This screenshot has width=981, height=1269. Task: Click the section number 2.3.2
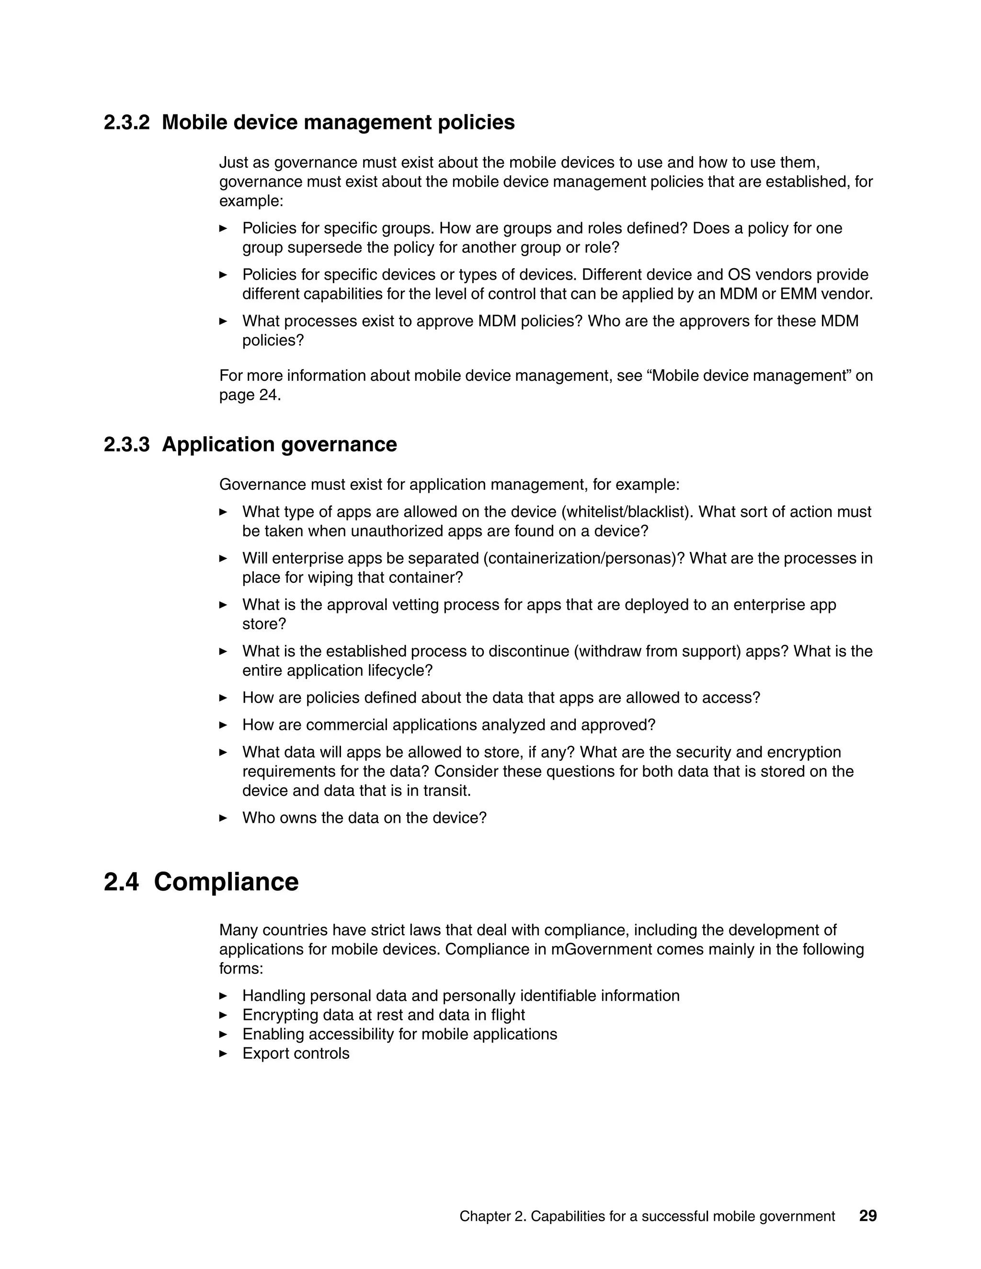[126, 123]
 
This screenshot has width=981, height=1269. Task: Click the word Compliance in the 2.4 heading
[226, 882]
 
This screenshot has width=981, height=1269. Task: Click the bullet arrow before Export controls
[223, 1054]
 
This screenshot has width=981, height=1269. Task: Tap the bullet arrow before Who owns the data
[223, 818]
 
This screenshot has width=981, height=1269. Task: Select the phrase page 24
[250, 395]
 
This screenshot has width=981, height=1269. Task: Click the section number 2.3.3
[126, 444]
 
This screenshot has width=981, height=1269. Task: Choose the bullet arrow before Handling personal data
[223, 996]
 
